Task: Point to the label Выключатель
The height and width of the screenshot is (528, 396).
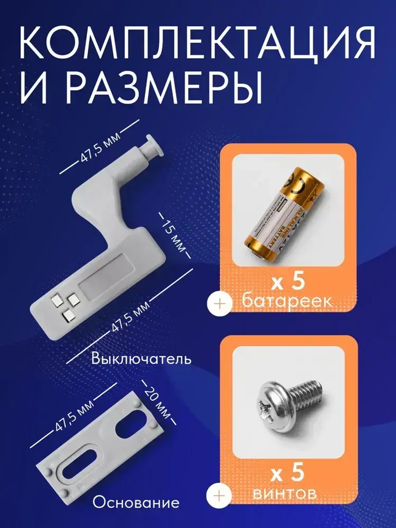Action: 141,359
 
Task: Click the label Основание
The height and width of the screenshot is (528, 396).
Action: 136,503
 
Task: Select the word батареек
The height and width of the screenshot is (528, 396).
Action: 287,301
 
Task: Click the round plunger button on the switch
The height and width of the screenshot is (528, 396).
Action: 152,146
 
